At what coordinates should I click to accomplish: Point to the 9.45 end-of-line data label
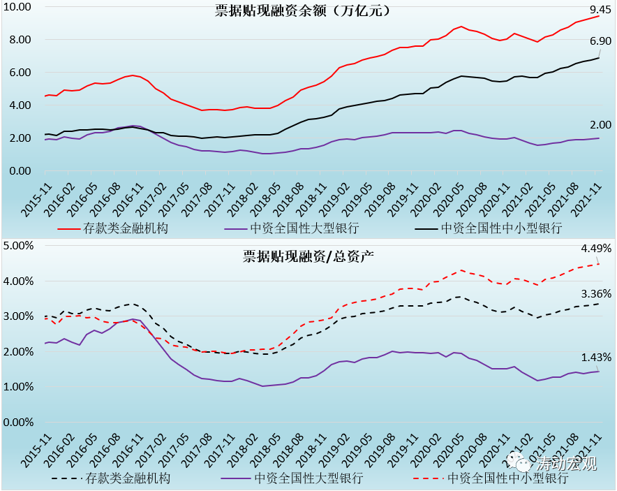pos(600,10)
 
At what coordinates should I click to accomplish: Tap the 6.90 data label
pos(600,42)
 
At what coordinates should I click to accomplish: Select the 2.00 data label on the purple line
pos(600,125)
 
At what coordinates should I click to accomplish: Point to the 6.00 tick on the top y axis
pos(22,73)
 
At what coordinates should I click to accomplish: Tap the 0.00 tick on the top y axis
pos(22,171)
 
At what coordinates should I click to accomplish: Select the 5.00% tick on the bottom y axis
pos(20,246)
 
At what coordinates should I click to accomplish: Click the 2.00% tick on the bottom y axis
pos(20,352)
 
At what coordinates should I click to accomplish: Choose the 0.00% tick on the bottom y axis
pos(20,423)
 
